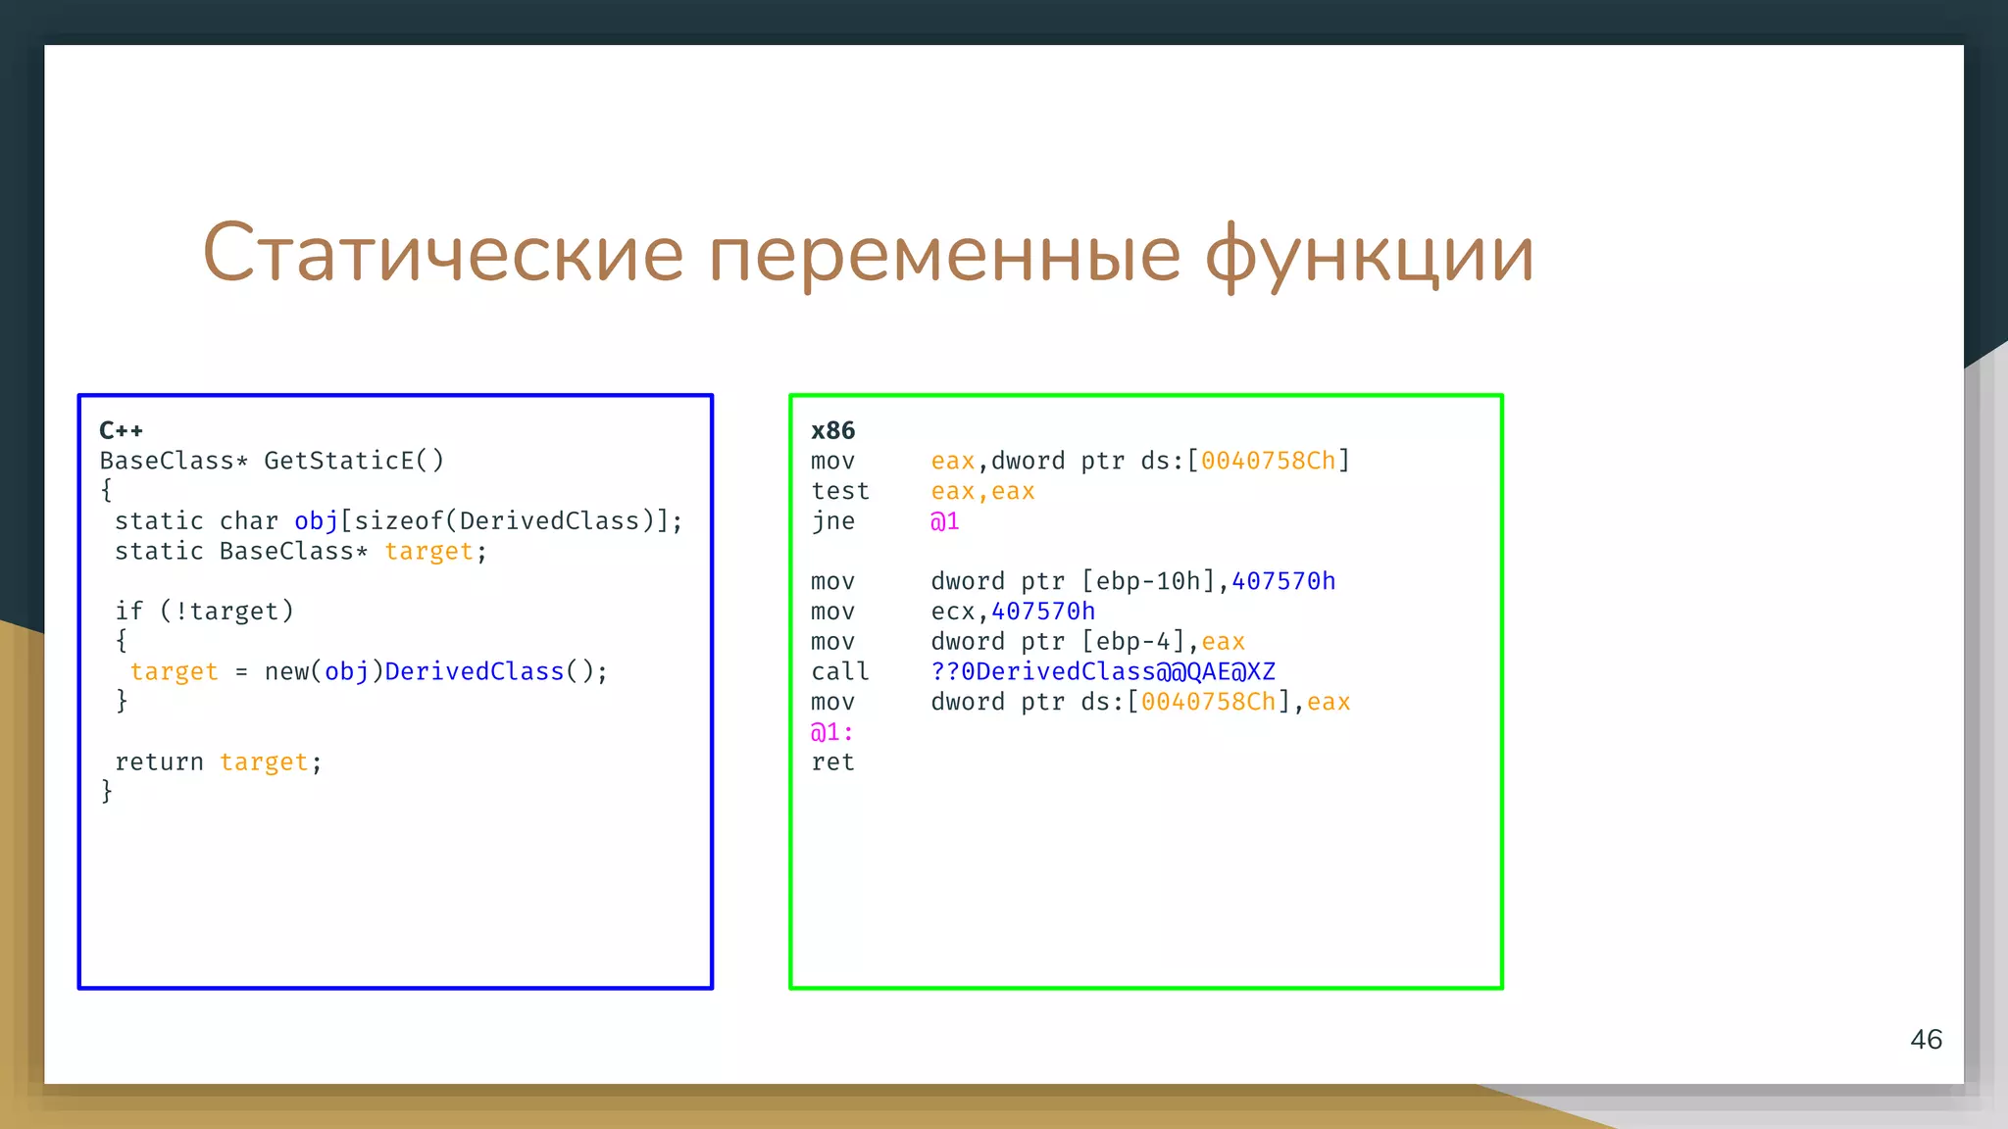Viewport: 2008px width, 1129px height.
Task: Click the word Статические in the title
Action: pos(442,253)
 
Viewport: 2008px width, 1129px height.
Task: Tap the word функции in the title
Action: pos(1369,253)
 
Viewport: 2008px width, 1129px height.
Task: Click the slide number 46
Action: pos(1926,1040)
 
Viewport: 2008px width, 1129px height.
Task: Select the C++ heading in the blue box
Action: pos(122,430)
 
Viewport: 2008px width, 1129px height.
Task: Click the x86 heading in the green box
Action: pos(832,430)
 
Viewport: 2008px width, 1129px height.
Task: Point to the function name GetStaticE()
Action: pos(354,461)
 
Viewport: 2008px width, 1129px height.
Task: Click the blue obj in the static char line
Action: pos(316,521)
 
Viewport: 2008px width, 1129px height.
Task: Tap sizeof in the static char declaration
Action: pos(398,521)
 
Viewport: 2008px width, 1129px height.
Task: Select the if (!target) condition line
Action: pos(205,612)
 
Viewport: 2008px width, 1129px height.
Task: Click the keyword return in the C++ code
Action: pos(159,762)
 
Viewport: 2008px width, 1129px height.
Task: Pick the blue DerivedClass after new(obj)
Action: pos(475,672)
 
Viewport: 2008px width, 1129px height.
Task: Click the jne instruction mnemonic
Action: pos(832,521)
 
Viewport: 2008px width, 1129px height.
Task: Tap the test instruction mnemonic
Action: pos(840,491)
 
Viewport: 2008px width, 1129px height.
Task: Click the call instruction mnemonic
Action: pos(840,672)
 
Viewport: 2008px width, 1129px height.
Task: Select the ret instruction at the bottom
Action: pos(832,762)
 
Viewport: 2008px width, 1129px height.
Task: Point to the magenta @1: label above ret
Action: pos(831,732)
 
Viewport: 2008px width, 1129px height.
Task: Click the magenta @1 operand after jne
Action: pos(944,521)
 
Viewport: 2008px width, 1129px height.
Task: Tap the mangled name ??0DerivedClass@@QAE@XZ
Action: pos(1103,672)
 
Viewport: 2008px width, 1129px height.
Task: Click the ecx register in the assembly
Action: pos(952,612)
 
